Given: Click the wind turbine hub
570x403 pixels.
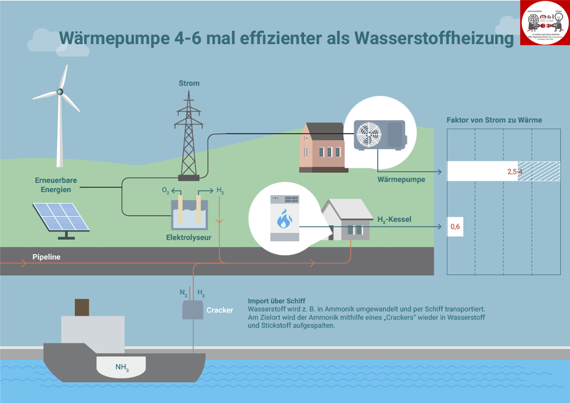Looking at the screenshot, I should [60, 92].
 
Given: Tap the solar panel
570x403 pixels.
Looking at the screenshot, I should [61, 217].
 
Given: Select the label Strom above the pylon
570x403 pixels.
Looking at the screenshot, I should [189, 83].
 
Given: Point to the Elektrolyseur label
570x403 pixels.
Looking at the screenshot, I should [189, 237].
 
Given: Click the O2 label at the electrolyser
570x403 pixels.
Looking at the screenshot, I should [165, 190].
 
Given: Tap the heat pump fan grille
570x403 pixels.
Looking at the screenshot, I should [369, 134].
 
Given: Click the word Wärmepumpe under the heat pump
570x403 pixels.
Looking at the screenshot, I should [401, 180].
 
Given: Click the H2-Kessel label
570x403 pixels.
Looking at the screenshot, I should [394, 220].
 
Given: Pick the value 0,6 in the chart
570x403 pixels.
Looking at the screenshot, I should [455, 227].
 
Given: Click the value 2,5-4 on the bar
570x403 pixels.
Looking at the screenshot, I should [514, 172].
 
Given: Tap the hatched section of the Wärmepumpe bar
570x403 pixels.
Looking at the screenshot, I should [539, 171].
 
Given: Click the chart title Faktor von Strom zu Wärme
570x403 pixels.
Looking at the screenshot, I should [494, 120].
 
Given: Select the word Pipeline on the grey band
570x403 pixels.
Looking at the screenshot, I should [46, 257].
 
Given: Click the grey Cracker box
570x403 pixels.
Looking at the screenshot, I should [193, 310].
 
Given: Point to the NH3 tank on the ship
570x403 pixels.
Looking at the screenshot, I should [121, 367].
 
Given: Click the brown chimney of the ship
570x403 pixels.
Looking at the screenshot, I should [82, 307].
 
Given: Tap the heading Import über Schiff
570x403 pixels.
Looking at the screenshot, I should [276, 301].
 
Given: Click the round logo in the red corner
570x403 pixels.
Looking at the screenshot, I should [545, 23].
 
